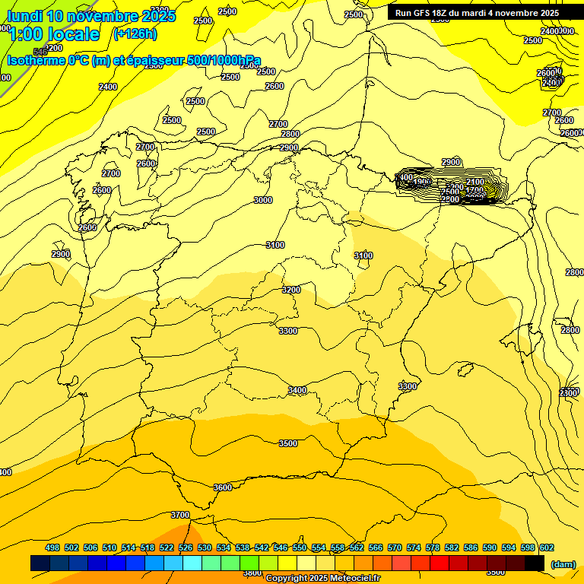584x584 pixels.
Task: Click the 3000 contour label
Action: pos(263,200)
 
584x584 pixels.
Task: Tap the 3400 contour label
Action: pos(297,390)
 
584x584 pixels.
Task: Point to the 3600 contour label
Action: pos(223,487)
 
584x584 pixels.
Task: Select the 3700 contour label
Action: pos(180,515)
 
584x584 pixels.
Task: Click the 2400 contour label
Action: pos(108,87)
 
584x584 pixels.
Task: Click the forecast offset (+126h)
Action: pos(135,33)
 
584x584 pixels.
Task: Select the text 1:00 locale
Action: pos(54,34)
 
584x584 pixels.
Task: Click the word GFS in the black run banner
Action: pos(423,13)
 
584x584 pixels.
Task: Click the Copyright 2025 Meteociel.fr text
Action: pos(322,579)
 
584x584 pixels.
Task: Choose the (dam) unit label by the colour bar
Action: pos(563,563)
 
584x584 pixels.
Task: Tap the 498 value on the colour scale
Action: pos(52,547)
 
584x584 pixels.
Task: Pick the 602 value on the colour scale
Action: pos(547,547)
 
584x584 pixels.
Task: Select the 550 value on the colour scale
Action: pos(300,547)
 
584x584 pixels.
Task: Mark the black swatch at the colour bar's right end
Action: pos(535,563)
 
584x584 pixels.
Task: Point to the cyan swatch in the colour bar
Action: pos(192,563)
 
